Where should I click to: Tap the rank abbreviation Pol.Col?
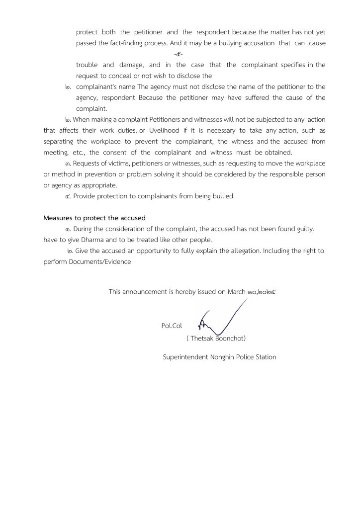point(172,326)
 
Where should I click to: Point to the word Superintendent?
point(185,357)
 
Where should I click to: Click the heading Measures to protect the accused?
point(94,218)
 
